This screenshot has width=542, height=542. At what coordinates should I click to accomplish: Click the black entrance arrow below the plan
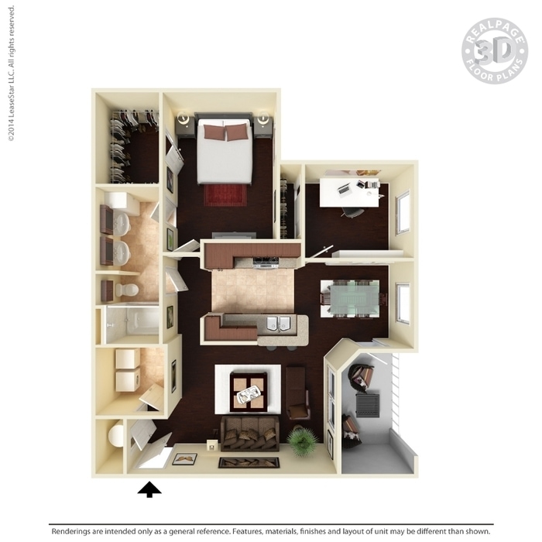pyautogui.click(x=149, y=489)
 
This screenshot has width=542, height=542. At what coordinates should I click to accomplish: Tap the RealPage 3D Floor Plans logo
pyautogui.click(x=495, y=51)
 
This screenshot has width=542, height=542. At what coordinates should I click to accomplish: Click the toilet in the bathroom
pyautogui.click(x=126, y=290)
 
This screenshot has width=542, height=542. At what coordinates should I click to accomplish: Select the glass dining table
pyautogui.click(x=355, y=298)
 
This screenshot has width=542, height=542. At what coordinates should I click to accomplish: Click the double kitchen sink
pyautogui.click(x=278, y=323)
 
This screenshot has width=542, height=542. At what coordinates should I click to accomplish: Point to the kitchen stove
pyautogui.click(x=266, y=262)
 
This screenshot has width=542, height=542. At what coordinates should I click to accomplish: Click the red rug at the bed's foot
pyautogui.click(x=225, y=195)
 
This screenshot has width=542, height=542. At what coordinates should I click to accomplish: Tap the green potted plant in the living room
pyautogui.click(x=303, y=441)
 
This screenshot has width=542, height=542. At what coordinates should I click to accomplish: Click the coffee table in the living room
pyautogui.click(x=249, y=392)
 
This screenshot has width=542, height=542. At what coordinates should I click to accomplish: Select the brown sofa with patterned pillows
pyautogui.click(x=250, y=434)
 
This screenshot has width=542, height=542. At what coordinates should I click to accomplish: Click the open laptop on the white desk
pyautogui.click(x=345, y=189)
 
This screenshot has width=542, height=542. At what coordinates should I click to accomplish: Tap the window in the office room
pyautogui.click(x=403, y=212)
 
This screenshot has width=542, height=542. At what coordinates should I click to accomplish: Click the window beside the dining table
pyautogui.click(x=403, y=304)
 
